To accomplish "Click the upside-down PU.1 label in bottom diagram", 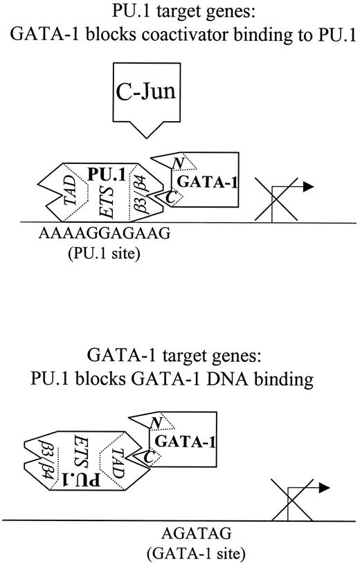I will pos(78,478).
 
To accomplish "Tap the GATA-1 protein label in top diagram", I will pos(205,181).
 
